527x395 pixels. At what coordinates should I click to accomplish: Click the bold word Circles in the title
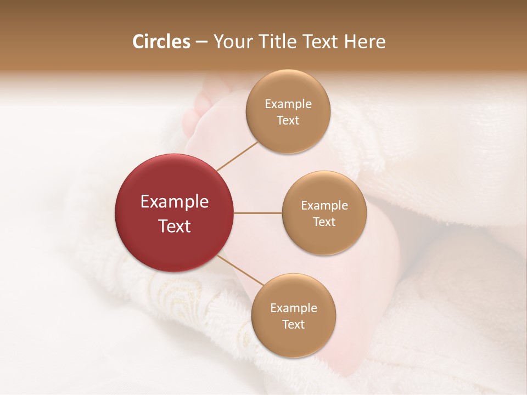(x=161, y=42)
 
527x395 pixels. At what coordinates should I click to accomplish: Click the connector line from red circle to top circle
(x=237, y=156)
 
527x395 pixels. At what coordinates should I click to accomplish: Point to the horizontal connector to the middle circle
(x=258, y=213)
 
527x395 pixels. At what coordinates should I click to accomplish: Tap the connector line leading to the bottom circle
(x=240, y=272)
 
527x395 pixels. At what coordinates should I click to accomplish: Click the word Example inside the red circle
(x=175, y=202)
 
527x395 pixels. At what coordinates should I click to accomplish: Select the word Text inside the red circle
(x=175, y=226)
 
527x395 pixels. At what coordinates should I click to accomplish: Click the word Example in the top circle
(x=288, y=104)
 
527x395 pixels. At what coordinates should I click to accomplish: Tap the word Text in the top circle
(x=288, y=121)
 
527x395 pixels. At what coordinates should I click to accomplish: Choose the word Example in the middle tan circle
(x=324, y=206)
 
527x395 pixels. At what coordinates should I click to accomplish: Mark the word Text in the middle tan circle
(x=324, y=222)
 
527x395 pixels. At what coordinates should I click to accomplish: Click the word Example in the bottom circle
(x=294, y=308)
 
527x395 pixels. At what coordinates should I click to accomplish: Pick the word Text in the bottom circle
(x=293, y=325)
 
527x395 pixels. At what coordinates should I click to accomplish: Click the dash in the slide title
(x=201, y=42)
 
